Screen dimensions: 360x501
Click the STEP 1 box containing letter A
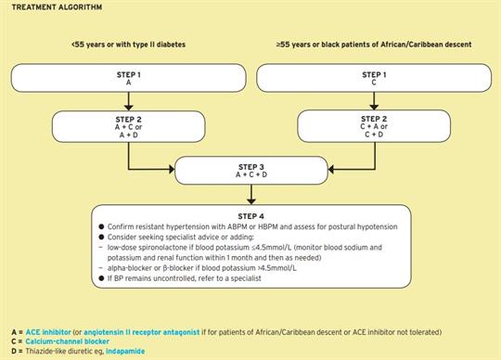(127, 78)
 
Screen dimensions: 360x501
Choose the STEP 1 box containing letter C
(372, 78)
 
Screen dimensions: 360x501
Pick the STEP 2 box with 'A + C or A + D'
(127, 127)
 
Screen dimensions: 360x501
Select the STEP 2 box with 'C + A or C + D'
(372, 127)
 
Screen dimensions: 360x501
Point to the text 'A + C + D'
(250, 174)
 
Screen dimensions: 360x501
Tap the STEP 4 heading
(250, 214)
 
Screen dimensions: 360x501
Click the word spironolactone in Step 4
(170, 247)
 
